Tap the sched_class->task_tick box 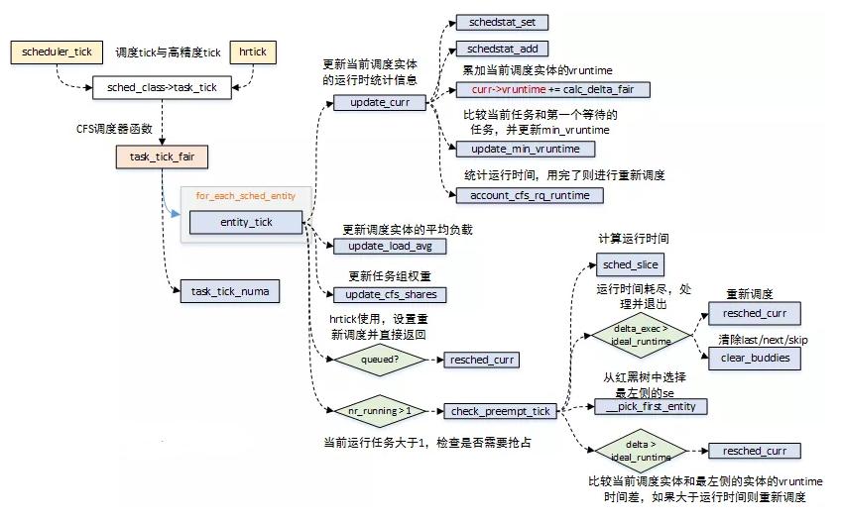(161, 88)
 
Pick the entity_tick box (246, 223)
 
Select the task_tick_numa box (223, 291)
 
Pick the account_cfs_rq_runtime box (529, 195)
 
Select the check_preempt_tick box (499, 411)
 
